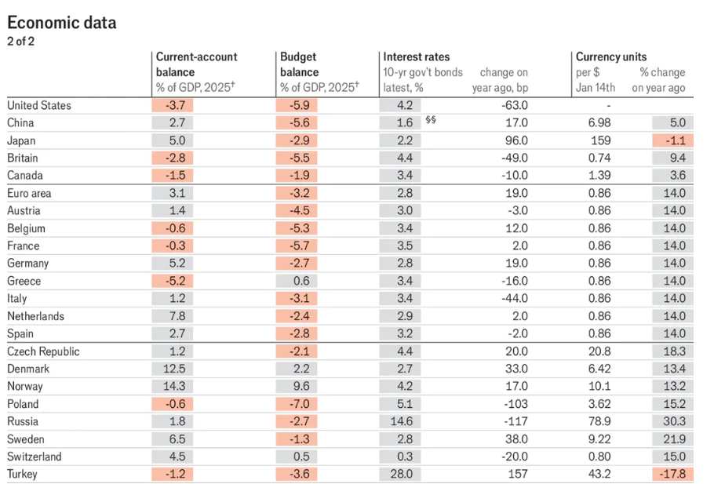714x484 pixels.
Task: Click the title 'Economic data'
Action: (62, 23)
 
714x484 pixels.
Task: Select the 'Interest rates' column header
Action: (416, 57)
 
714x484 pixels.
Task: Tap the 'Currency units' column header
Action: (611, 57)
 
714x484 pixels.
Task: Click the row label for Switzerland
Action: (35, 457)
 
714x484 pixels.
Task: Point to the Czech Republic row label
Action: (43, 351)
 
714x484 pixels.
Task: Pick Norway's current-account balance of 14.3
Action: (174, 387)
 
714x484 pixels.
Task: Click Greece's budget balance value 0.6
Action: (301, 281)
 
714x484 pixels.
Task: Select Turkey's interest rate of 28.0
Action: (401, 474)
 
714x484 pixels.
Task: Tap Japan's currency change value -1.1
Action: (676, 140)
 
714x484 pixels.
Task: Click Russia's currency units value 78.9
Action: (599, 421)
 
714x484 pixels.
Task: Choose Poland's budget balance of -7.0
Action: (299, 404)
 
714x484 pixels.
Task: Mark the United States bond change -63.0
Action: (515, 106)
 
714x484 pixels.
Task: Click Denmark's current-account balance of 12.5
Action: (174, 369)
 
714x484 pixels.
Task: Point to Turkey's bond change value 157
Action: (518, 474)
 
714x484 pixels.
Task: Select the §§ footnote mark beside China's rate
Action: (431, 120)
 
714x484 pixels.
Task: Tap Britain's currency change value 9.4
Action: (678, 158)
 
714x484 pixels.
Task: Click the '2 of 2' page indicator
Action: (20, 42)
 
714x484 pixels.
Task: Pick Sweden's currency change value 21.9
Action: (675, 439)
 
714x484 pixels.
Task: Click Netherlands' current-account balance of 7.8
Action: (177, 316)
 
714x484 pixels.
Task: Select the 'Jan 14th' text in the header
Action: (596, 87)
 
